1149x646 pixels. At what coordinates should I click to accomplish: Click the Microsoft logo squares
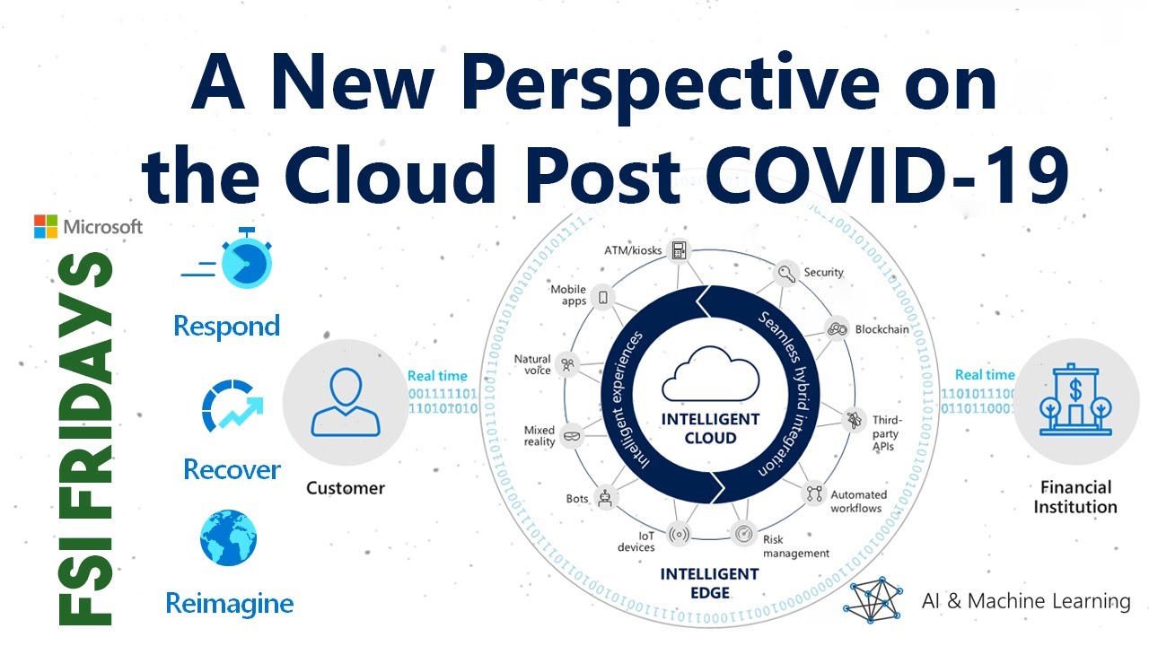46,226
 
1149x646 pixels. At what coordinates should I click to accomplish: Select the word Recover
232,468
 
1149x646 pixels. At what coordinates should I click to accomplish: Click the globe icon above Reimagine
228,538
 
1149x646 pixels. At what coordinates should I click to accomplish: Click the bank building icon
1074,400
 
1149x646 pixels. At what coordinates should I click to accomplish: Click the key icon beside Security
786,273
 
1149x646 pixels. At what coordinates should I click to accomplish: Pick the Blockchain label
881,329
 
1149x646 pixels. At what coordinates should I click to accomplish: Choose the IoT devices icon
679,536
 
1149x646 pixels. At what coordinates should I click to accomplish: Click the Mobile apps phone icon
603,297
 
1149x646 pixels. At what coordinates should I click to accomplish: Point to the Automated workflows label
857,502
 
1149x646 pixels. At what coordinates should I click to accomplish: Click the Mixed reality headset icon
571,437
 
